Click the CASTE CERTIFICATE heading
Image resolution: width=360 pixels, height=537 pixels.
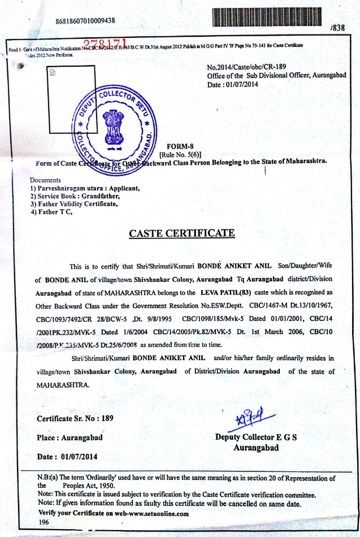182,233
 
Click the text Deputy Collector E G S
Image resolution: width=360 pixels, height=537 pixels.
256,438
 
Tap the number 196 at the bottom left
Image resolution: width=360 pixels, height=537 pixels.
44,523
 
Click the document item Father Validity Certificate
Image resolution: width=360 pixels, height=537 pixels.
74,203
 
